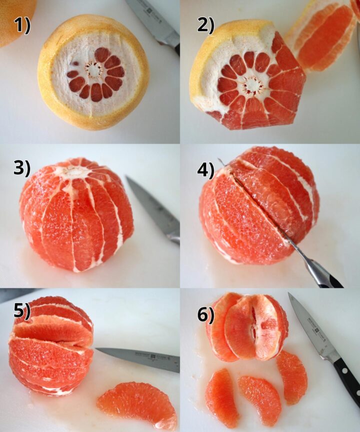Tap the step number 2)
tap(205, 25)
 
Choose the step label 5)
tap(21, 311)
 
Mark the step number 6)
tap(205, 314)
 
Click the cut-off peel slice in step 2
tap(325, 35)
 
